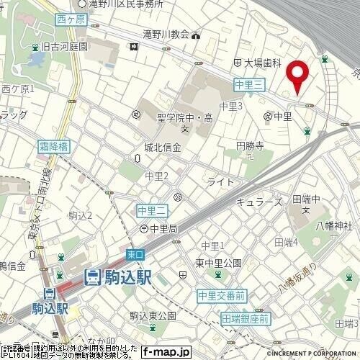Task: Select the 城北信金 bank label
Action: [x=162, y=147]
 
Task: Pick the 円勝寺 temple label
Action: [x=251, y=145]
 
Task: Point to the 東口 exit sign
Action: [x=135, y=254]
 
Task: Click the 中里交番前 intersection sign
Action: [x=222, y=294]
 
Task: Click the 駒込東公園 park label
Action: [x=153, y=315]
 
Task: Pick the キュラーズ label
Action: [x=260, y=202]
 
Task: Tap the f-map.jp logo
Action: [x=165, y=352]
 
